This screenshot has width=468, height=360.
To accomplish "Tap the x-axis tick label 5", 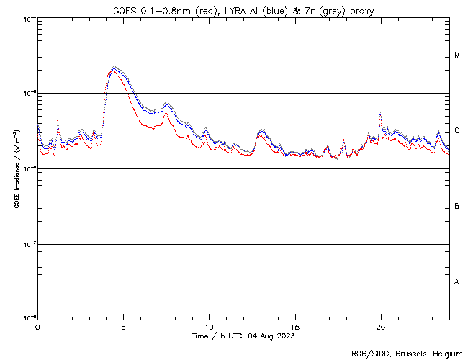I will click(x=123, y=327).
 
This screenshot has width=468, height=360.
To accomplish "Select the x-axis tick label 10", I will click(x=209, y=327).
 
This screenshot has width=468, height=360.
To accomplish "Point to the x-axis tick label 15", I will click(x=295, y=327).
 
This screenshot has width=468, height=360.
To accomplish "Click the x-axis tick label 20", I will click(x=381, y=327).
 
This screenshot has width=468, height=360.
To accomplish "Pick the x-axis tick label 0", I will click(x=37, y=327).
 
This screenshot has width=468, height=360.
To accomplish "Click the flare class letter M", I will click(x=457, y=55).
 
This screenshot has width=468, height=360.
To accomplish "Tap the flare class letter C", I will click(x=457, y=131).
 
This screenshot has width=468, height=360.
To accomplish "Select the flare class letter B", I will click(x=457, y=207).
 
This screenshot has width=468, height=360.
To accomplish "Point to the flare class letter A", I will click(x=457, y=282).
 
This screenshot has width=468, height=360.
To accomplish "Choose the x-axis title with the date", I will click(x=243, y=336).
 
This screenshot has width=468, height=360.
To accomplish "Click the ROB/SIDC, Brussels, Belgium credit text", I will click(x=407, y=353).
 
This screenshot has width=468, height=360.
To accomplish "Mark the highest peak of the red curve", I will click(x=113, y=71).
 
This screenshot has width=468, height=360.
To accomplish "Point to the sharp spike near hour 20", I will click(x=380, y=113).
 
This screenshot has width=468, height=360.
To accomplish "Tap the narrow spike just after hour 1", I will click(x=58, y=119).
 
